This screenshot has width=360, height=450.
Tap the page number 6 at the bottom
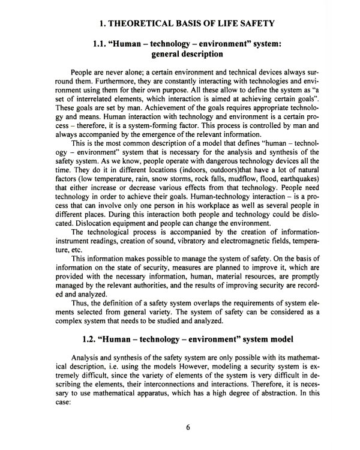point(188,428)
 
